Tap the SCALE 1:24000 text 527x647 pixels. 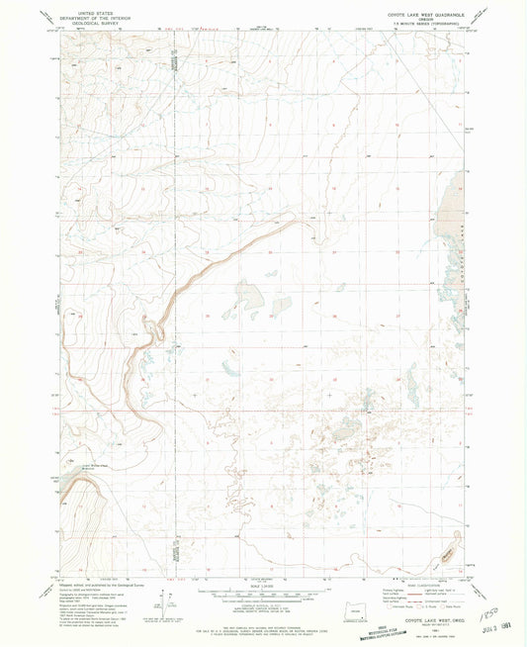click(x=263, y=583)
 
